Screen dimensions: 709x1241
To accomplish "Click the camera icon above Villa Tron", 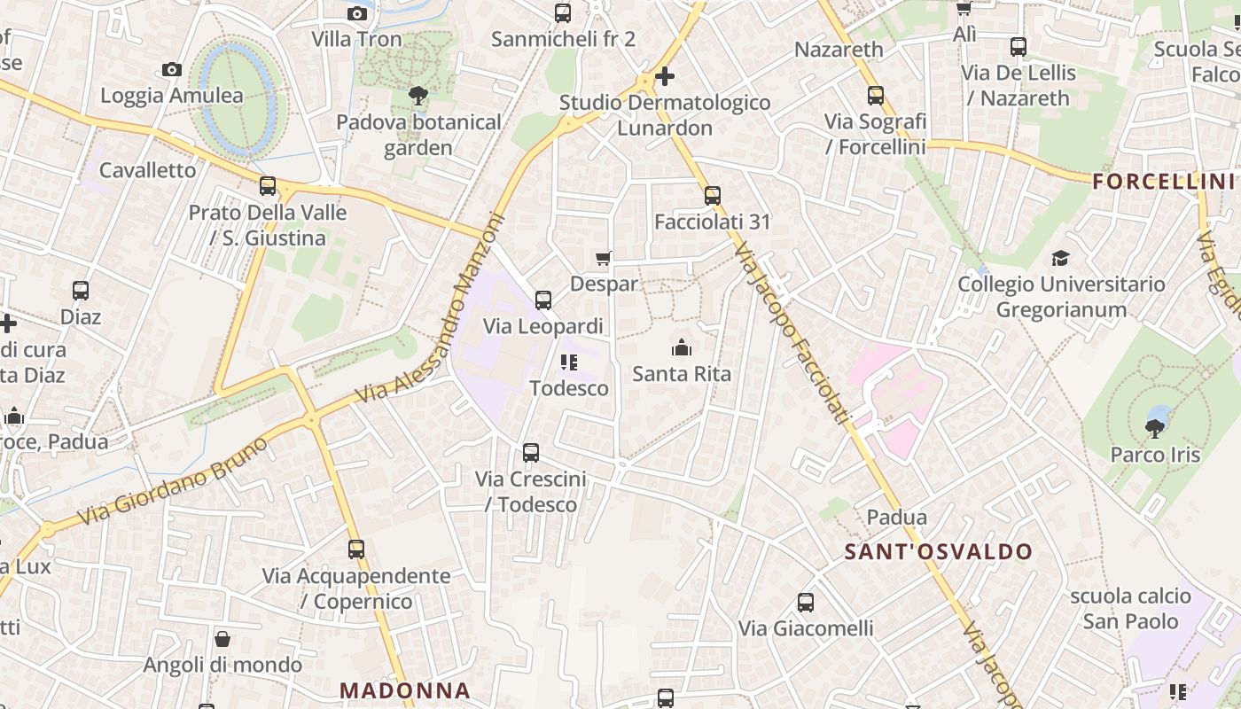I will [357, 13].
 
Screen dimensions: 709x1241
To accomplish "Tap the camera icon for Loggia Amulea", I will [172, 70].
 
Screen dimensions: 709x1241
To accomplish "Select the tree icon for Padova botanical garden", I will [418, 96].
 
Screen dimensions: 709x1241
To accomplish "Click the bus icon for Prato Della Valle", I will [268, 186].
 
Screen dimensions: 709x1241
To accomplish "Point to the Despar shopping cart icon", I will [604, 258].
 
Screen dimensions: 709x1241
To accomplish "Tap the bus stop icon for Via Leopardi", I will [543, 300].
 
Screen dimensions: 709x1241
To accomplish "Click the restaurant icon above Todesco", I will [569, 362].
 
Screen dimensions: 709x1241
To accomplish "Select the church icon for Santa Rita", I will [682, 347].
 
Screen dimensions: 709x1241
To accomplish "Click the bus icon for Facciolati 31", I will [713, 196].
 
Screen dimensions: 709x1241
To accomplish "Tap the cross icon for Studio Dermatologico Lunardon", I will [664, 77].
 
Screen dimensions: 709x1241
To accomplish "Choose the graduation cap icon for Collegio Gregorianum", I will [1060, 258].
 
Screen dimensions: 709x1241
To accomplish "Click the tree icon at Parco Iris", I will [1155, 429].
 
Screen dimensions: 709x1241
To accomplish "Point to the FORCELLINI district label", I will [1163, 182].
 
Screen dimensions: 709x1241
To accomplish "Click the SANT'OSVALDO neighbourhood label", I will [939, 552].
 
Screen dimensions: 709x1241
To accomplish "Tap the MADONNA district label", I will [405, 690].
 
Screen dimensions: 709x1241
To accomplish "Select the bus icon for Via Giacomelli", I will [806, 603].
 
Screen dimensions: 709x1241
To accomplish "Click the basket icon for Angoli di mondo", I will [222, 639].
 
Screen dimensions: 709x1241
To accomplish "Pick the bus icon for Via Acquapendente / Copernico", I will [356, 549].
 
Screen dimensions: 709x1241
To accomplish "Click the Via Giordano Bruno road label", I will [173, 480].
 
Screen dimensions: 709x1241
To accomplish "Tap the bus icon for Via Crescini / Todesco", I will [531, 453].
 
